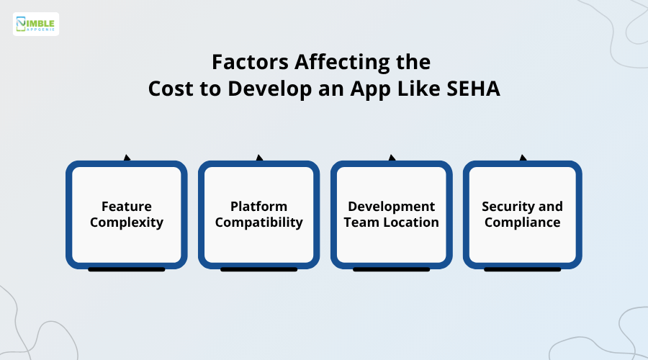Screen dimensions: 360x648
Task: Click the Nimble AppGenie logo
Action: coord(36,24)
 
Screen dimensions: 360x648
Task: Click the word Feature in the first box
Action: coord(127,207)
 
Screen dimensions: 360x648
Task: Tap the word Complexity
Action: coord(127,222)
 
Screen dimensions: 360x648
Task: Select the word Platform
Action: coord(259,207)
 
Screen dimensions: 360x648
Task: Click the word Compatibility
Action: coord(259,222)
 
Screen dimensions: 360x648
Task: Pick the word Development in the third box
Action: coord(392,207)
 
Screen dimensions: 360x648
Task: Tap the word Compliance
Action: coord(523,222)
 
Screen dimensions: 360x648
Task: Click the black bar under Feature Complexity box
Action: coord(127,269)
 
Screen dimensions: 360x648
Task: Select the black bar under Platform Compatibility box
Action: coord(259,269)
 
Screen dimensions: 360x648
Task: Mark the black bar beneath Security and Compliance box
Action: coord(523,269)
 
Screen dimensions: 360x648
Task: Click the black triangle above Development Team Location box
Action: coord(392,158)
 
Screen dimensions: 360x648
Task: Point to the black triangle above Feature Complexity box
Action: coord(127,158)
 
